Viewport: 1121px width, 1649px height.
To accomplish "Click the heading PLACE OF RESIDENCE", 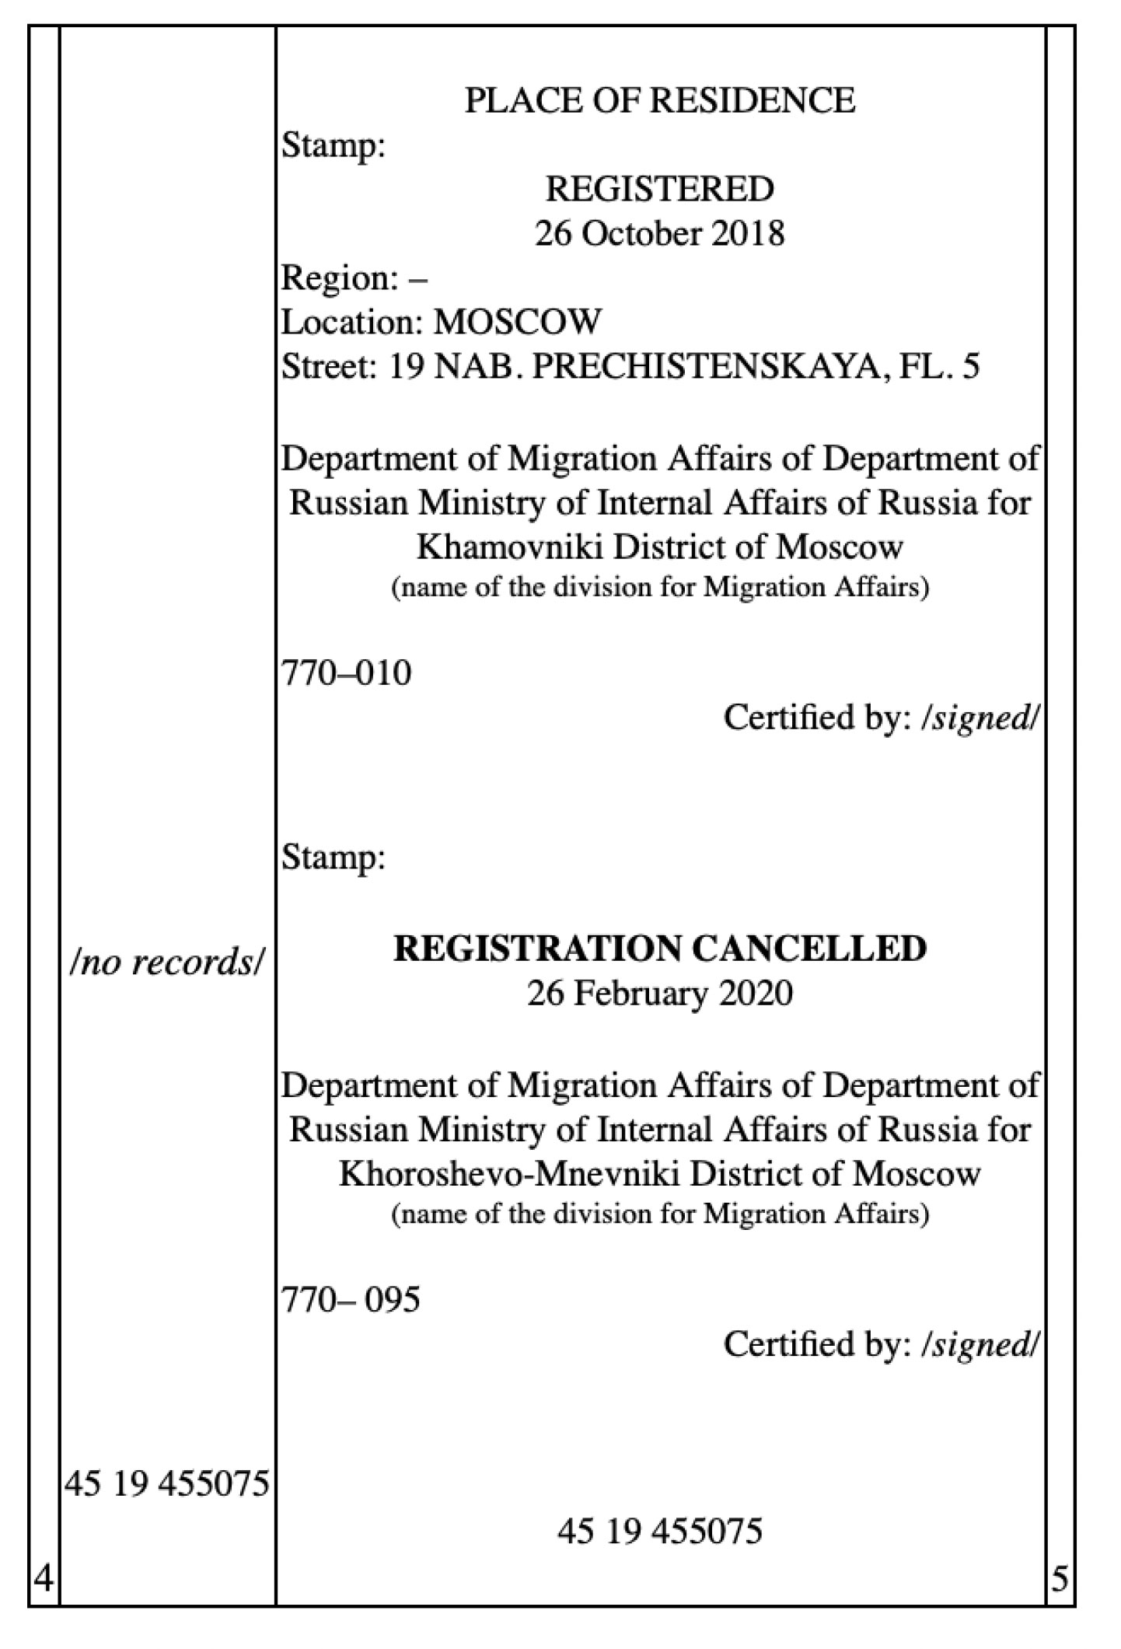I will [659, 100].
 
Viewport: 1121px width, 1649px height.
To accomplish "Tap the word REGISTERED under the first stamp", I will [659, 189].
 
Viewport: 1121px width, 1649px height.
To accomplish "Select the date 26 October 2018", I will [659, 233].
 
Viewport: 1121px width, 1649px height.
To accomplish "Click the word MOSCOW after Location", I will [518, 322].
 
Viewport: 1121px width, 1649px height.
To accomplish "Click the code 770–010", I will [346, 673].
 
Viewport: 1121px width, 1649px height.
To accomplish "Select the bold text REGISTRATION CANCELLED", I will [659, 949].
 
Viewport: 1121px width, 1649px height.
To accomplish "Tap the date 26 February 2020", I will [659, 994].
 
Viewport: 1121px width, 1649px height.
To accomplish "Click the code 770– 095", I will [351, 1299].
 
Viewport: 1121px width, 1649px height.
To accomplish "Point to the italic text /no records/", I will [167, 963].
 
